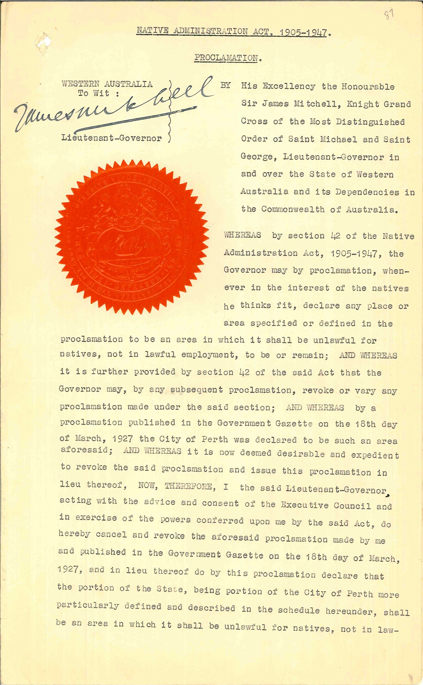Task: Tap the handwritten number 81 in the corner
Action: (389, 15)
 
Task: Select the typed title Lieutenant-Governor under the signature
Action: (111, 138)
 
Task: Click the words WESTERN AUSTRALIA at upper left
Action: (107, 84)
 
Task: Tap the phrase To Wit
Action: (98, 93)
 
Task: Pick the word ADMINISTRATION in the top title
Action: (210, 31)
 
